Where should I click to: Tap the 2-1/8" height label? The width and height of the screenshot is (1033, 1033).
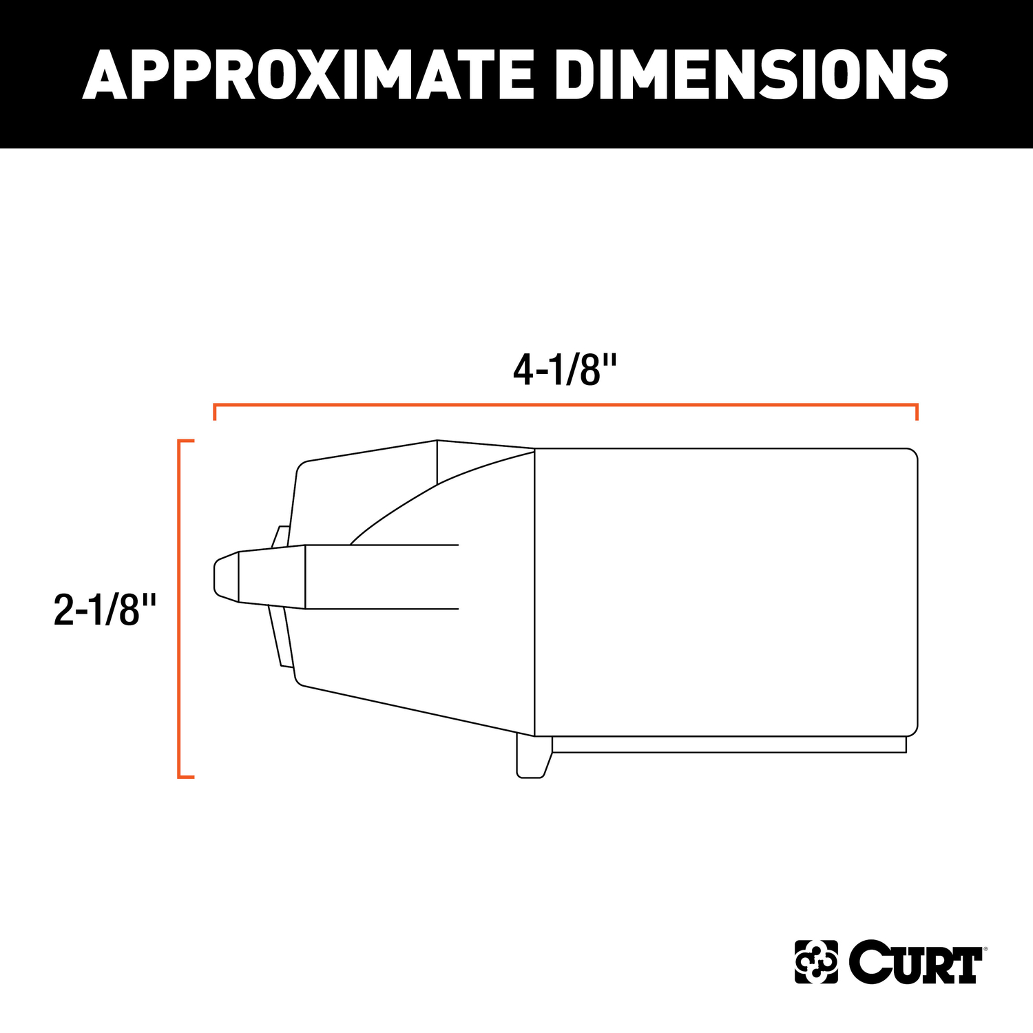click(x=105, y=609)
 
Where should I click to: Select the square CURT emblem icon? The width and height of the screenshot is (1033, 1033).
click(x=816, y=962)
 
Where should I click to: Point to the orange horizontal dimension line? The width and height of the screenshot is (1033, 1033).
click(x=565, y=405)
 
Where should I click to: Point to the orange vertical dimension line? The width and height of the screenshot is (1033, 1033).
click(x=179, y=609)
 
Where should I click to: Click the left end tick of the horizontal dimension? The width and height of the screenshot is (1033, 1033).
click(x=215, y=413)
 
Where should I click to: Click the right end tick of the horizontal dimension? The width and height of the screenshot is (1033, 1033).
click(x=917, y=413)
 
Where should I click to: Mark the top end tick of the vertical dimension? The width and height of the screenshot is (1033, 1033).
click(x=187, y=440)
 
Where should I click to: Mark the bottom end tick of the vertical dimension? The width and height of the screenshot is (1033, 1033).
click(x=187, y=777)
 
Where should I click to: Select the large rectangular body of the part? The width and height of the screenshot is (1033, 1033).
click(x=726, y=592)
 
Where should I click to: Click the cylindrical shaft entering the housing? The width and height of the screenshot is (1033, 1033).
click(x=382, y=576)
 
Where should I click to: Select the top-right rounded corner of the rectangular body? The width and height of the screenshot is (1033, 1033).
click(x=912, y=453)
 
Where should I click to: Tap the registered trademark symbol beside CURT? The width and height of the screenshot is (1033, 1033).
click(x=986, y=948)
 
